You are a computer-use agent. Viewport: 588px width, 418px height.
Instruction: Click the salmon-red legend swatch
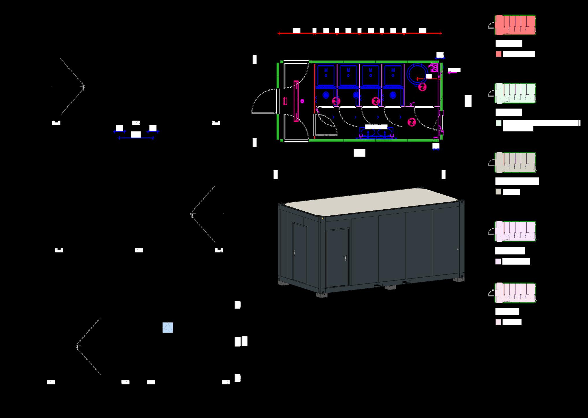click(x=498, y=54)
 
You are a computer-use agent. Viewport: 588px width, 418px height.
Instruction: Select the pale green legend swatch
click(x=498, y=123)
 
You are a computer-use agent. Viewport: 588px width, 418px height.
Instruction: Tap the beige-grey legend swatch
click(x=498, y=192)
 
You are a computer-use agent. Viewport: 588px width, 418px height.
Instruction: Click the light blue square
click(x=168, y=327)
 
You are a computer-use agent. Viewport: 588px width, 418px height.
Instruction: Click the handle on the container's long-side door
click(x=345, y=258)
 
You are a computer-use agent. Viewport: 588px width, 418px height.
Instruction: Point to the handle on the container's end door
click(x=294, y=253)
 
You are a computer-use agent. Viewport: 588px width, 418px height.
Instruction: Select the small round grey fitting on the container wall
click(x=458, y=249)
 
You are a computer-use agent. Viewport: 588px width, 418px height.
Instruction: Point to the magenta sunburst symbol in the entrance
click(x=302, y=101)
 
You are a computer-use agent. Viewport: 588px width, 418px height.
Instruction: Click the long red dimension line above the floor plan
click(x=359, y=34)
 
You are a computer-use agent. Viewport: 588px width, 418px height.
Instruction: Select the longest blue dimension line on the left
click(x=136, y=138)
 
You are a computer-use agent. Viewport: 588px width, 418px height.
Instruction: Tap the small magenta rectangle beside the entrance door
click(x=285, y=101)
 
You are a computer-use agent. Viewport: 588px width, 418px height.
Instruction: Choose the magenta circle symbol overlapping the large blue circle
click(x=422, y=87)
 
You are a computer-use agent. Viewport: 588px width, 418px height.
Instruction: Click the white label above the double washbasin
click(x=376, y=127)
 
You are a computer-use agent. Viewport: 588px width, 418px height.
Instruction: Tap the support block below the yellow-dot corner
click(x=321, y=295)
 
